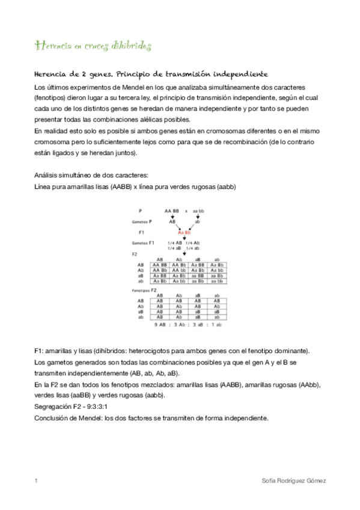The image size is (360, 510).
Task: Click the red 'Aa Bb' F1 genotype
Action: [x=184, y=232]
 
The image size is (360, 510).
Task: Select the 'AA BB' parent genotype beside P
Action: [x=172, y=211]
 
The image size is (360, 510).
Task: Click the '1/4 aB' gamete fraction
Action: [x=174, y=248]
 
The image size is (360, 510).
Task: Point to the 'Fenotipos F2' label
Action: [x=144, y=290]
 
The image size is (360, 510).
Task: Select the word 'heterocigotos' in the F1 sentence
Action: [x=150, y=350]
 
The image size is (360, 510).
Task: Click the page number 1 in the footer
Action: [x=37, y=481]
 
